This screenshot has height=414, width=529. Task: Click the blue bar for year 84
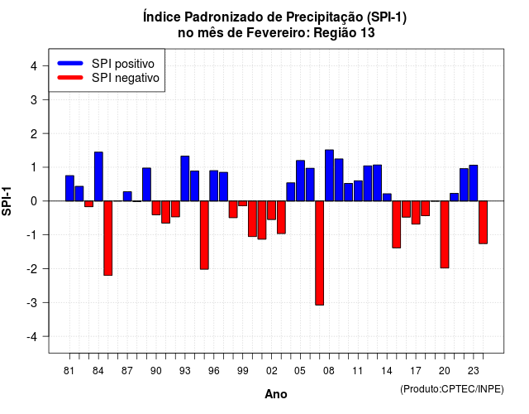98,176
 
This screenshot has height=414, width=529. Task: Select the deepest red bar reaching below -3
320,253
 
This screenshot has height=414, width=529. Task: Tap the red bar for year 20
445,234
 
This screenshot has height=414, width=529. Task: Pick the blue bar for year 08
329,176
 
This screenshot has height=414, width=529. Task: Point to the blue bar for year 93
185,179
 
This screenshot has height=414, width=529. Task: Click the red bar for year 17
416,213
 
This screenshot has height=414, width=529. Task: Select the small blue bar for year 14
387,197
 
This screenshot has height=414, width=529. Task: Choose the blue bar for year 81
69,188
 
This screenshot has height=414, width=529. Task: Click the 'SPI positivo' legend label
123,64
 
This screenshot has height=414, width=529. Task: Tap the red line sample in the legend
70,77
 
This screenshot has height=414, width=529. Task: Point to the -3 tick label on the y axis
32,302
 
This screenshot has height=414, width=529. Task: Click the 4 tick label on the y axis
34,65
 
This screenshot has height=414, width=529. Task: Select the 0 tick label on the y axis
34,201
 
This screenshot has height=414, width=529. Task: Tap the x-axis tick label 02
272,371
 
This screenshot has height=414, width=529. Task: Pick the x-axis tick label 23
473,371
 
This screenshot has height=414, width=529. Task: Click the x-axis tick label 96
213,371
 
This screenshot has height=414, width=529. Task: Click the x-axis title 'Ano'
276,394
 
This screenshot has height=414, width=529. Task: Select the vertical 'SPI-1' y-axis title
7,201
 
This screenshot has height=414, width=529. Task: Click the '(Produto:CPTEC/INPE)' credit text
452,389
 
